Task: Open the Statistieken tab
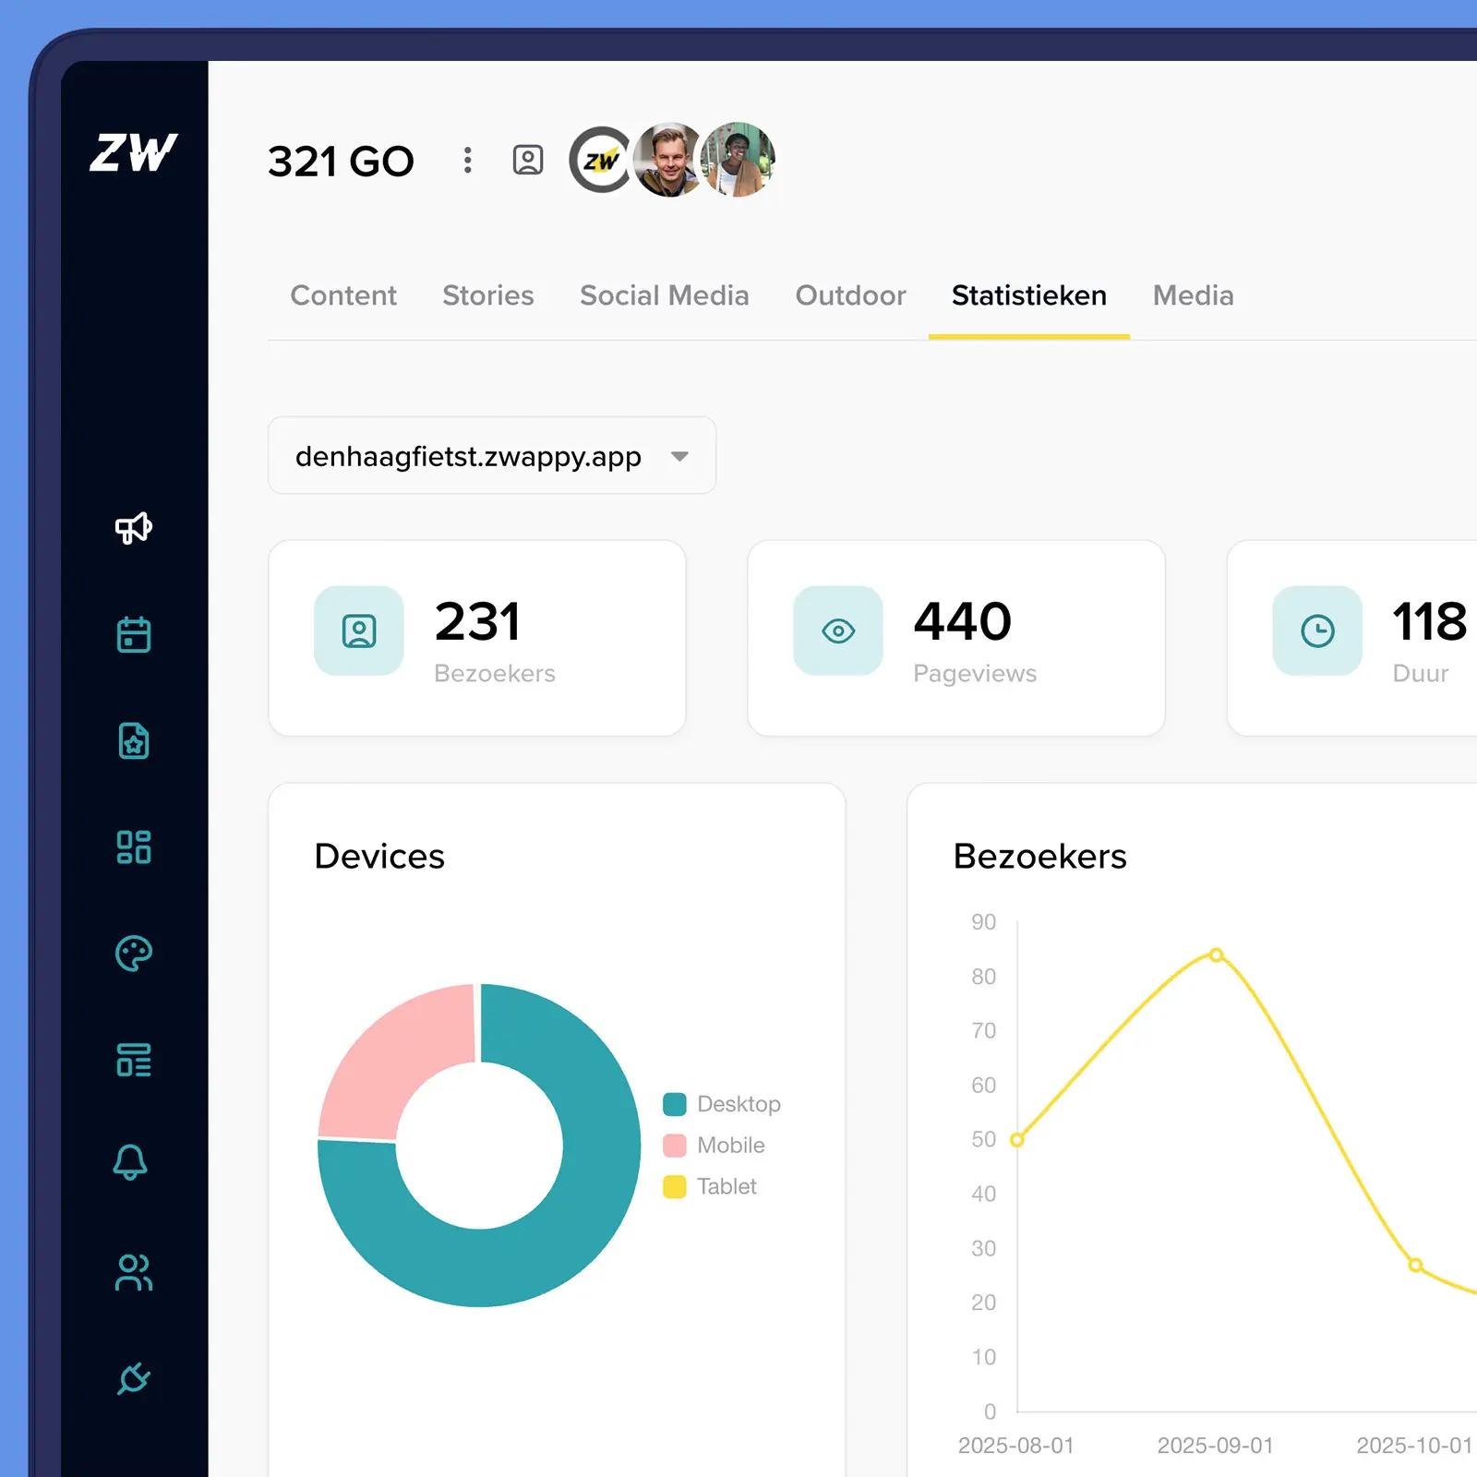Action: [1028, 295]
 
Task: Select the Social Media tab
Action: [664, 295]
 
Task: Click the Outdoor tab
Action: [850, 295]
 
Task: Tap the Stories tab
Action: [487, 295]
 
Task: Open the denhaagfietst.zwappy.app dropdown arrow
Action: [680, 456]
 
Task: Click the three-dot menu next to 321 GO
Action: [468, 161]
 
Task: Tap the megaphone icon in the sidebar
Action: [134, 528]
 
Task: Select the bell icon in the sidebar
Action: [130, 1162]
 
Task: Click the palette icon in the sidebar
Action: [134, 954]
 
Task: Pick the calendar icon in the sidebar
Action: [134, 634]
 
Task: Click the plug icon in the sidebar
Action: [134, 1378]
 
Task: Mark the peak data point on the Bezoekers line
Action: [1217, 955]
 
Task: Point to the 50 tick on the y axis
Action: [983, 1139]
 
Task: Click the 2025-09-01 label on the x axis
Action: [1215, 1446]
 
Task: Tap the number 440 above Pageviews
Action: [962, 621]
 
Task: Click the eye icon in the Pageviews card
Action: [838, 631]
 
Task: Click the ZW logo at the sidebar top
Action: [134, 152]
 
